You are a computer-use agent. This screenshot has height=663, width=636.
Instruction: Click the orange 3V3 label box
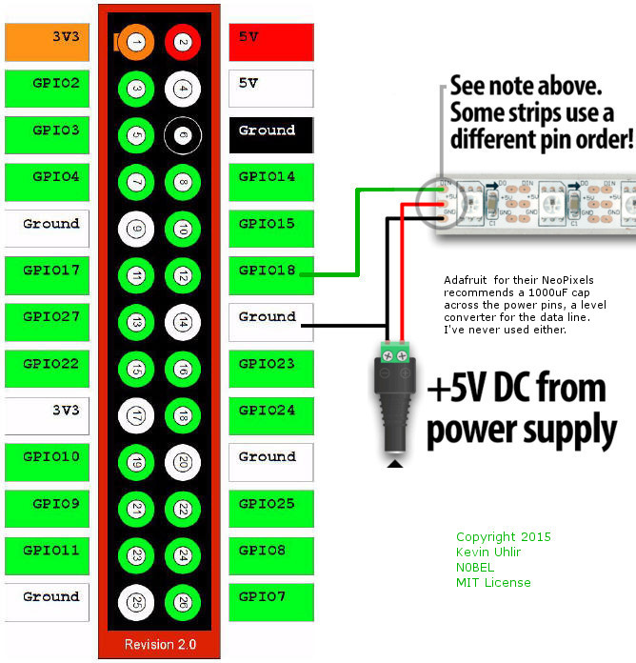(x=47, y=41)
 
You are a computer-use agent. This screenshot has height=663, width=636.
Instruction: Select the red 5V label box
(x=271, y=41)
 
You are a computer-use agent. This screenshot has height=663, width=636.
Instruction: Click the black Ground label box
(x=271, y=134)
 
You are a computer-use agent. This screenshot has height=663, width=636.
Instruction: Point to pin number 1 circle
(x=136, y=42)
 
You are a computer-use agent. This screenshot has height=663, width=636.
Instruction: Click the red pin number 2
(x=182, y=42)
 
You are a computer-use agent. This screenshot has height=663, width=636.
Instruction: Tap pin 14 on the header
(x=182, y=322)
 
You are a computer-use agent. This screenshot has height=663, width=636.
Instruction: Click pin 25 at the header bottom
(x=136, y=602)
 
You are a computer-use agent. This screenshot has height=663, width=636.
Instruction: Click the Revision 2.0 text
(x=160, y=645)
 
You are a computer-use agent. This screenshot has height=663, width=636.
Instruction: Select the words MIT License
(x=493, y=583)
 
